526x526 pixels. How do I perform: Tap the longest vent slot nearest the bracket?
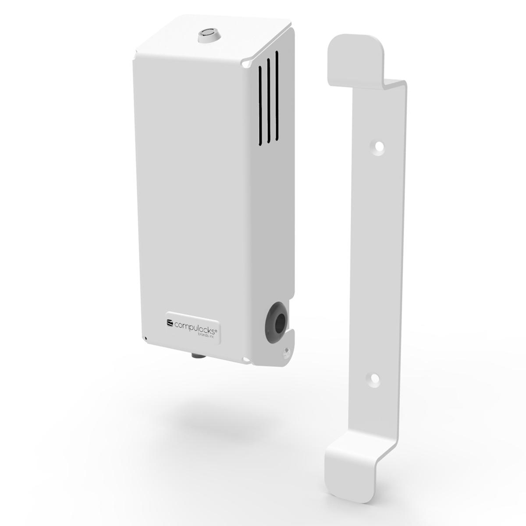click(x=277, y=96)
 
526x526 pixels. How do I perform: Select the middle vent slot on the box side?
click(x=269, y=100)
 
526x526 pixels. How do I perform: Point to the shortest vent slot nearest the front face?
click(x=260, y=105)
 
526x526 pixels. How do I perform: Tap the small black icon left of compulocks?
click(x=170, y=323)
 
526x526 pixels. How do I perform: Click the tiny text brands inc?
click(x=206, y=335)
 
